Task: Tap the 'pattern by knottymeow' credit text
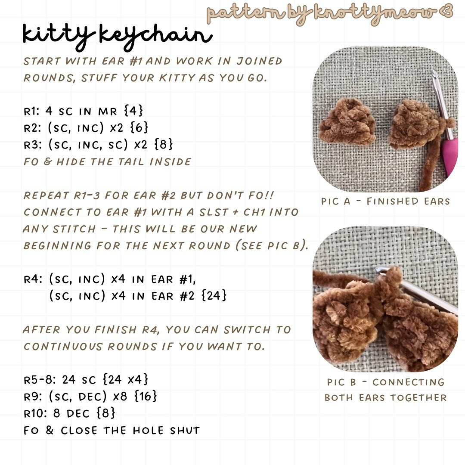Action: click(329, 13)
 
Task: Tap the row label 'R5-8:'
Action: click(40, 380)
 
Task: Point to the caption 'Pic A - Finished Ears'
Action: click(385, 201)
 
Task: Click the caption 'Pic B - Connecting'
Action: click(385, 382)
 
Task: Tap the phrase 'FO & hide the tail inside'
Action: click(107, 162)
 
